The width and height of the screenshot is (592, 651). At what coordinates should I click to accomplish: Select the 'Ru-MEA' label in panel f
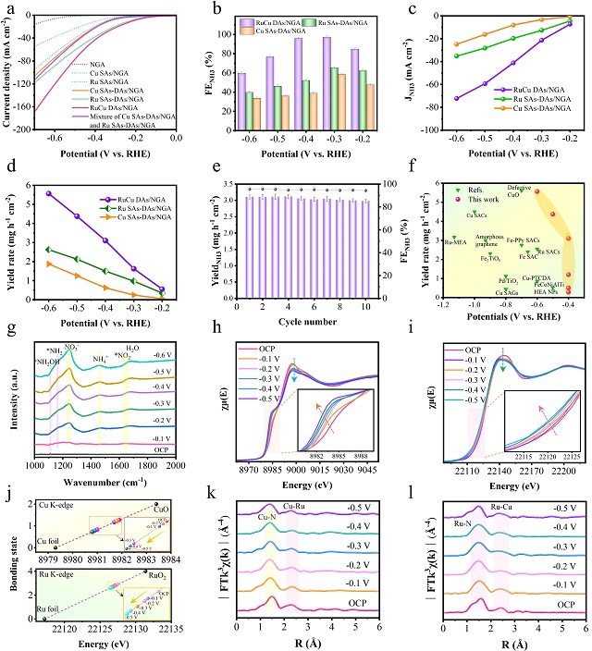[455, 242]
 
